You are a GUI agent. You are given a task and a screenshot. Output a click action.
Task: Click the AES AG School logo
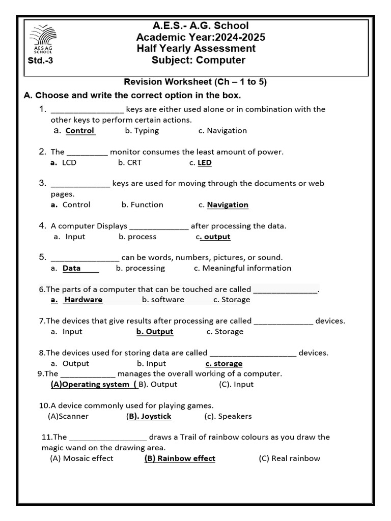(43, 40)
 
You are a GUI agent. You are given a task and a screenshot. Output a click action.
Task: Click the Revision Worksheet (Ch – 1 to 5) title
(196, 82)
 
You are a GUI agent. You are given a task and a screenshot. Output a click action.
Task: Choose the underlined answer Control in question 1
(80, 131)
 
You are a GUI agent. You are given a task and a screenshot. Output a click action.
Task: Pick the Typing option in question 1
(142, 131)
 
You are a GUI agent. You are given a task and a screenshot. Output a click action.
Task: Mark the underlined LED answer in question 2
(204, 163)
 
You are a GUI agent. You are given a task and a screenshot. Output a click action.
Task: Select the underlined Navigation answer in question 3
(228, 205)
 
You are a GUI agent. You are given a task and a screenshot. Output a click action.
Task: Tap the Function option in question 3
(143, 205)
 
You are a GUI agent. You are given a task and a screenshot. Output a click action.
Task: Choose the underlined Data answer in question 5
(72, 268)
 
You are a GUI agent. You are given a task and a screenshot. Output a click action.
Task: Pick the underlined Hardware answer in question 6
(83, 300)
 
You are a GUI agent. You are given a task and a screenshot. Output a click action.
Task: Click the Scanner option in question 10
(68, 416)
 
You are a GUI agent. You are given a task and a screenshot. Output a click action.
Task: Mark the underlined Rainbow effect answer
(180, 458)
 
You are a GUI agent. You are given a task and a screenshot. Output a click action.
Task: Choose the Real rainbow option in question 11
(290, 458)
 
